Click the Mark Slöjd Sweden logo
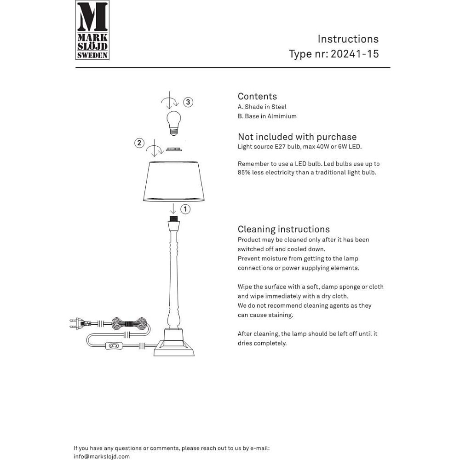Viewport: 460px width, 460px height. click(92, 30)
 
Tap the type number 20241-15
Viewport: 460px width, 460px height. click(355, 54)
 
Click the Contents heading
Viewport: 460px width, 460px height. click(257, 96)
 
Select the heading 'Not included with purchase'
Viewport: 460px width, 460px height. click(297, 137)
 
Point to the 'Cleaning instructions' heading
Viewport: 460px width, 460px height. click(283, 229)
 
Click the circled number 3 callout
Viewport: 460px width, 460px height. click(188, 102)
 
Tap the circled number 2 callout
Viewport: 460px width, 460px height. click(139, 143)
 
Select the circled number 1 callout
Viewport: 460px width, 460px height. click(185, 209)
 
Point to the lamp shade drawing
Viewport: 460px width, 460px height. click(174, 181)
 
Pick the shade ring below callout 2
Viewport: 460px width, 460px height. click(173, 149)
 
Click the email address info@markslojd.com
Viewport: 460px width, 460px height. click(102, 456)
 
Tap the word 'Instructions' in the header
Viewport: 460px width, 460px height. click(348, 39)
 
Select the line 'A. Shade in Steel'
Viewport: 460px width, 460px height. click(262, 107)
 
